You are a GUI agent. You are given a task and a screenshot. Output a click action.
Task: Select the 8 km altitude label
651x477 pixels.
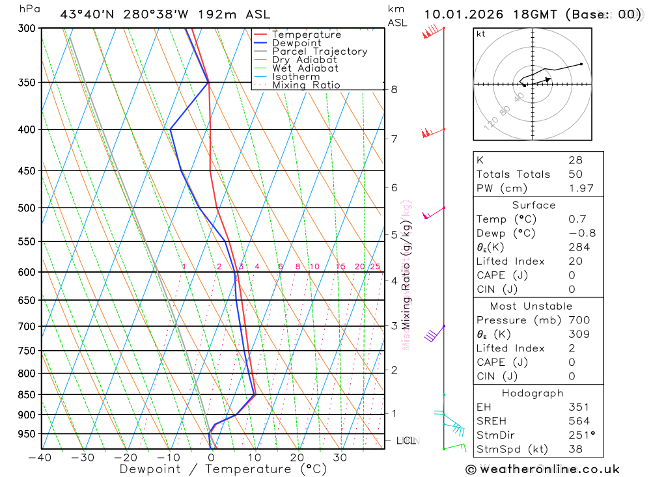pos(394,89)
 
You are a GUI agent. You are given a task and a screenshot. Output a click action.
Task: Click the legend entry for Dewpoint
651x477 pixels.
pos(297,43)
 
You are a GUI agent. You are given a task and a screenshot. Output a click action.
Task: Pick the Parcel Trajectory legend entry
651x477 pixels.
pos(320,51)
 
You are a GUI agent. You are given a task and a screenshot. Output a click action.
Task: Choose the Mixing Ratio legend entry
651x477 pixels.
pos(306,85)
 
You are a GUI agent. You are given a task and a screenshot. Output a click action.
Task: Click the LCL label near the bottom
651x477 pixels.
pos(406,441)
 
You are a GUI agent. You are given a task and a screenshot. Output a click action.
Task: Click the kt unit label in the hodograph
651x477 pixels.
pos(481,34)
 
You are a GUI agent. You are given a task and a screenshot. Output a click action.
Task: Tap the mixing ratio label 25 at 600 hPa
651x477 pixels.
pos(375,266)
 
